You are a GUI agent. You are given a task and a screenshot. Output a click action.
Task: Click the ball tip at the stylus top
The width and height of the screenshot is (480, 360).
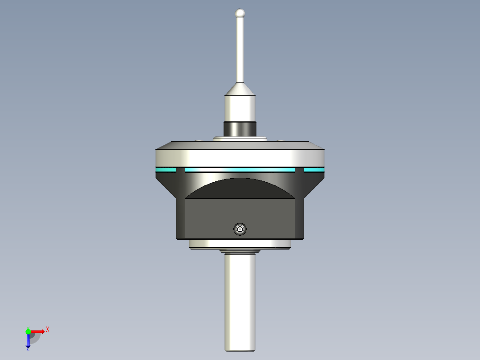[x=240, y=12]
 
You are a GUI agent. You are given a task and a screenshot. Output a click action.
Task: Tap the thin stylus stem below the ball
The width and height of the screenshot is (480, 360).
[x=240, y=49]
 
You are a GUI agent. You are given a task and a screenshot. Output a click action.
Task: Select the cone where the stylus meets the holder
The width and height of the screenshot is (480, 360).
[x=240, y=90]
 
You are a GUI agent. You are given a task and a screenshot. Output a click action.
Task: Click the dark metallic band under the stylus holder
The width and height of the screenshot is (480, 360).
[x=240, y=129]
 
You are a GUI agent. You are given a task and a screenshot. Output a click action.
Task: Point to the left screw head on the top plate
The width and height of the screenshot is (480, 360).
[x=199, y=141]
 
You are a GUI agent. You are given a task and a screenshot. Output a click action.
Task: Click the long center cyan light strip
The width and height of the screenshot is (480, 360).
[x=240, y=170]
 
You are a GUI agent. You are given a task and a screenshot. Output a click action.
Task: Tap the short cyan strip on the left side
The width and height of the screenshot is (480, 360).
[x=166, y=170]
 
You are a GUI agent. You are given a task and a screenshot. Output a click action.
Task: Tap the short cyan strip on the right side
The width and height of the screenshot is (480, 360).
[x=314, y=170]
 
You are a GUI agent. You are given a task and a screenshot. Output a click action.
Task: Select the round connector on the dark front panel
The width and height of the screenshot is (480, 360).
[x=240, y=229]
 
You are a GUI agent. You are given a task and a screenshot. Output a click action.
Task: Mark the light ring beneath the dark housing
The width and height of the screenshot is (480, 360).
[x=240, y=244]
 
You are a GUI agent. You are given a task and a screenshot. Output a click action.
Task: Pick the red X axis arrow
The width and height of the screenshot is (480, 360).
[x=38, y=331]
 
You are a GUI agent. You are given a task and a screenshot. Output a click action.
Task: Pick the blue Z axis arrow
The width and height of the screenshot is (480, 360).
[x=28, y=341]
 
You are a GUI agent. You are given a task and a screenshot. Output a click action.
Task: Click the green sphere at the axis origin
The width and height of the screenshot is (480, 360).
[x=28, y=331]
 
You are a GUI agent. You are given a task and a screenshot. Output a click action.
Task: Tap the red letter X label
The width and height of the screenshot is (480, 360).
[x=47, y=329]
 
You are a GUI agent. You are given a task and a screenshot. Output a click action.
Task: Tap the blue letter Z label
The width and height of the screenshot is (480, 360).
[x=28, y=350]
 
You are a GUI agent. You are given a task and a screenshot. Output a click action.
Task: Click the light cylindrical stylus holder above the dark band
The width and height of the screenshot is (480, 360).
[x=240, y=107]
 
